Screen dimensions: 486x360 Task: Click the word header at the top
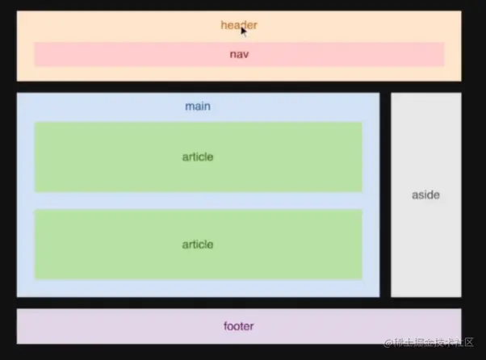(x=238, y=26)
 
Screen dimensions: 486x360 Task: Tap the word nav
(x=239, y=55)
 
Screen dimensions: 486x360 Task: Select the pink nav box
(x=121, y=55)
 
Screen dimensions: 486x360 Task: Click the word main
(x=198, y=107)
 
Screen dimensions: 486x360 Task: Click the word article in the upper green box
(x=198, y=157)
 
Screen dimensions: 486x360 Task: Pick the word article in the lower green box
(x=198, y=245)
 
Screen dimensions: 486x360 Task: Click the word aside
(x=425, y=195)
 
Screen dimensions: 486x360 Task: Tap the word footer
(x=238, y=327)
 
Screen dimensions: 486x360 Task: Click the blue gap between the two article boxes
(x=198, y=201)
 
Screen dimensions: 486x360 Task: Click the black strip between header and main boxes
(x=238, y=86)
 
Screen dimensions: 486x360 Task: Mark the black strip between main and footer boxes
(x=238, y=303)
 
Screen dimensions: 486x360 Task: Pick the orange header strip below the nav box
(x=238, y=73)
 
